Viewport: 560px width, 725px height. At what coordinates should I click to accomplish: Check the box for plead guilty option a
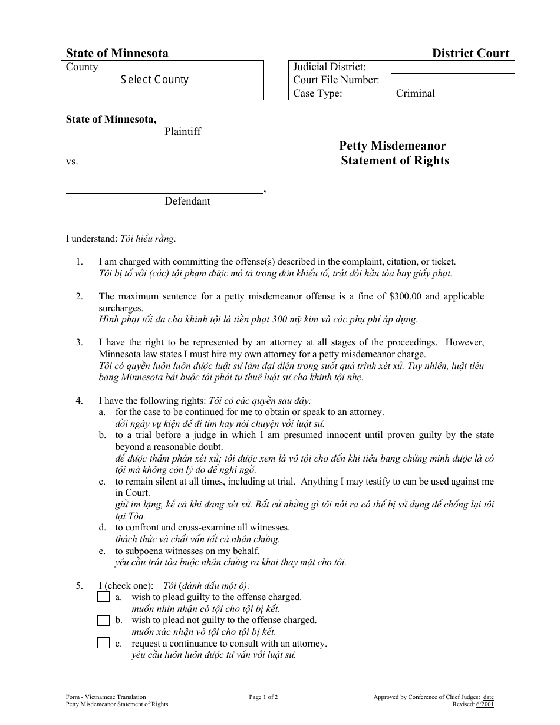tap(104, 597)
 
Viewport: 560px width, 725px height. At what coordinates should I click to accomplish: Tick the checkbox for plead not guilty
tap(104, 620)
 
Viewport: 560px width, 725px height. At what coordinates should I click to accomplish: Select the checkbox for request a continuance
tap(104, 643)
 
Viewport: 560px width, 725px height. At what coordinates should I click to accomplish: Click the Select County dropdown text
tap(154, 80)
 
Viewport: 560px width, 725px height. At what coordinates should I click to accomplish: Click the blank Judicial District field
tap(452, 67)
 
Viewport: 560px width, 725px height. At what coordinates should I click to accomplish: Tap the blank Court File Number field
tap(452, 80)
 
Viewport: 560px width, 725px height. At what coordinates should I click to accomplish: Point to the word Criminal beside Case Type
tap(416, 93)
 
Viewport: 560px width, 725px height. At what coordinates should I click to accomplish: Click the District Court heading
tap(470, 53)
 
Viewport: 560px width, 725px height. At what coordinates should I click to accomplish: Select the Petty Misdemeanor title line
tap(392, 146)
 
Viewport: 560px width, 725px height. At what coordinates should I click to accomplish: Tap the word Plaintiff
tap(183, 131)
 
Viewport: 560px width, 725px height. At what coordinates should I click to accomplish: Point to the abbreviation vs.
tap(72, 161)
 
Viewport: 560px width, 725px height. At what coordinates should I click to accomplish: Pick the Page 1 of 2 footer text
tap(263, 697)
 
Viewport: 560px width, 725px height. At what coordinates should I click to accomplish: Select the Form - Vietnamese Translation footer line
tap(106, 697)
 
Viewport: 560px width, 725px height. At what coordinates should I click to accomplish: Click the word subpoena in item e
tap(143, 551)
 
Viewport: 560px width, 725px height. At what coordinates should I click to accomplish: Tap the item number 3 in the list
tap(79, 342)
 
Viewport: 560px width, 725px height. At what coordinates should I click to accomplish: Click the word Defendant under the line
tap(187, 201)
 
